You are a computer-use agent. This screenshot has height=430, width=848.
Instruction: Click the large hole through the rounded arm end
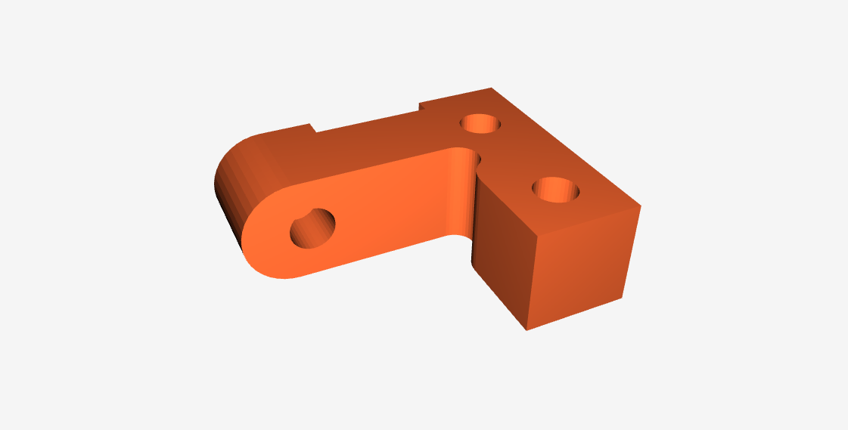click(313, 227)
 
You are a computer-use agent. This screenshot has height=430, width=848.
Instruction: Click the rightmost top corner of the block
click(641, 206)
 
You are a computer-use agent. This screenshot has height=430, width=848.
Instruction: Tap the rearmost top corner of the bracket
click(492, 88)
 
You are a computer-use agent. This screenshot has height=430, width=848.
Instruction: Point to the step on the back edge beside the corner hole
click(421, 106)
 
